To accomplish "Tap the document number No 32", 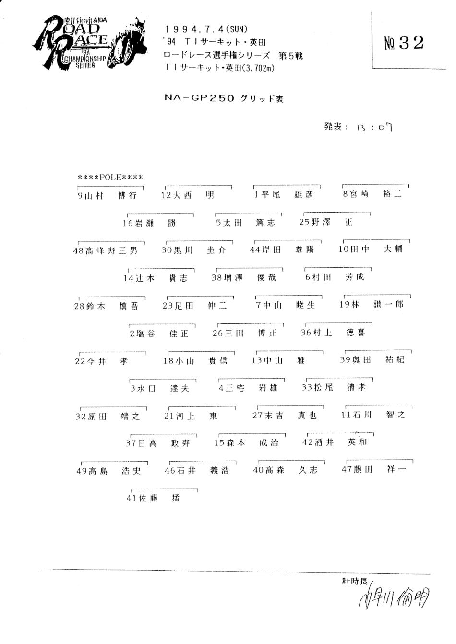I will pyautogui.click(x=404, y=43).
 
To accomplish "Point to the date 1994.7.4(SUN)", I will pyautogui.click(x=206, y=30).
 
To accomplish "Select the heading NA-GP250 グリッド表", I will pyautogui.click(x=224, y=98).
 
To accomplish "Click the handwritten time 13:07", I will pyautogui.click(x=374, y=127).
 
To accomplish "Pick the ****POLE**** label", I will pyautogui.click(x=110, y=178).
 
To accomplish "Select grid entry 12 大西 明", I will pyautogui.click(x=187, y=195).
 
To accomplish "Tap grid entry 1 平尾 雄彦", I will pyautogui.click(x=284, y=194).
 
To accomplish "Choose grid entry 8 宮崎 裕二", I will pyautogui.click(x=372, y=194).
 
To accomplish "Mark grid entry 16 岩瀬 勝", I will pyautogui.click(x=149, y=223).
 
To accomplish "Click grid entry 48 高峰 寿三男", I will pyautogui.click(x=105, y=250).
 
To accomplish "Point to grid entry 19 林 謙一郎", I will pyautogui.click(x=371, y=304).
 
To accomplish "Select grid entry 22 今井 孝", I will pyautogui.click(x=101, y=361).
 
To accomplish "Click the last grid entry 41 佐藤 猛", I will pyautogui.click(x=153, y=499).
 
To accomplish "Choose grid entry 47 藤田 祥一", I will pyautogui.click(x=373, y=470).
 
